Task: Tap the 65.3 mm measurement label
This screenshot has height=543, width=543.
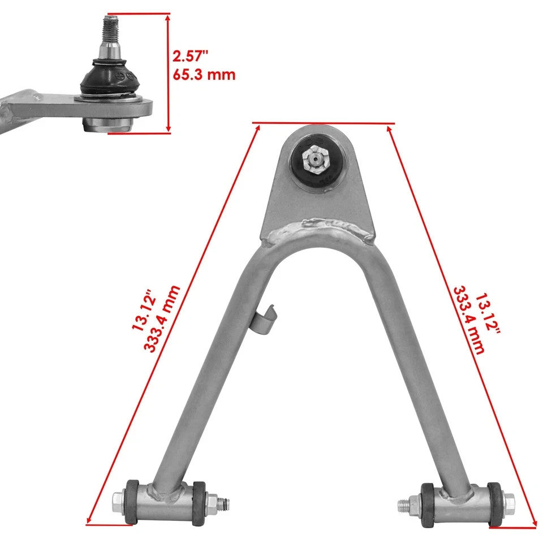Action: click(204, 74)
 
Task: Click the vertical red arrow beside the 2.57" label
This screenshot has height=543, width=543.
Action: click(168, 74)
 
